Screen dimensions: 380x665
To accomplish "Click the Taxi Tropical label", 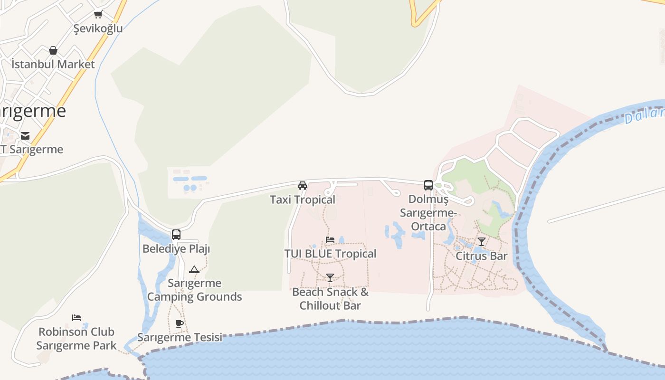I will click(303, 199).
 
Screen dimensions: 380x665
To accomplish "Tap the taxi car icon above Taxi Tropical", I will click(303, 185).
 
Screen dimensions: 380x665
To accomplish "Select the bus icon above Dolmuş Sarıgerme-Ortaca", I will click(428, 185).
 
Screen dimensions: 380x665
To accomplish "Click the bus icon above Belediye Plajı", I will click(176, 234).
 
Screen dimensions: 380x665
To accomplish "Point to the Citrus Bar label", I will click(482, 256).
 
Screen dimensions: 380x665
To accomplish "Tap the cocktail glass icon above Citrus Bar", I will click(482, 242).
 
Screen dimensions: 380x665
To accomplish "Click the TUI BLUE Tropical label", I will click(330, 254).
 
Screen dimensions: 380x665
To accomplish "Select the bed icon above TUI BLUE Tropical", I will click(330, 240).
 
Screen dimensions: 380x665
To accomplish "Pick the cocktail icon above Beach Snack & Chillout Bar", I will click(330, 277).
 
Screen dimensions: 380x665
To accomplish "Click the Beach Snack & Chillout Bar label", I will click(330, 298).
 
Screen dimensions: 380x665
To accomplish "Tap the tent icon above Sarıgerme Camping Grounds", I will click(194, 270).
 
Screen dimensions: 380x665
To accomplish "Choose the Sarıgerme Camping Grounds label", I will click(195, 290).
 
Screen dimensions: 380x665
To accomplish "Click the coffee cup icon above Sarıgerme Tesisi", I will click(179, 324).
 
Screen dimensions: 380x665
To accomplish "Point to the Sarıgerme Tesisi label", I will click(180, 337).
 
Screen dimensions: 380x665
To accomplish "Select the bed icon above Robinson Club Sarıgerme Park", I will click(76, 317).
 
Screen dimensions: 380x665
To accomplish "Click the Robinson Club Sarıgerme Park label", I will click(76, 338).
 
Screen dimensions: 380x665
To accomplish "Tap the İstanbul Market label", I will click(53, 64).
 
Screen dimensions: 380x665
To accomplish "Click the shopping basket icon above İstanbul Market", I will click(53, 50).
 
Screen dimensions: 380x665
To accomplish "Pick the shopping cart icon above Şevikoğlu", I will click(98, 15).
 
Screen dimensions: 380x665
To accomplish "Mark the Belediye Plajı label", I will click(176, 248).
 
